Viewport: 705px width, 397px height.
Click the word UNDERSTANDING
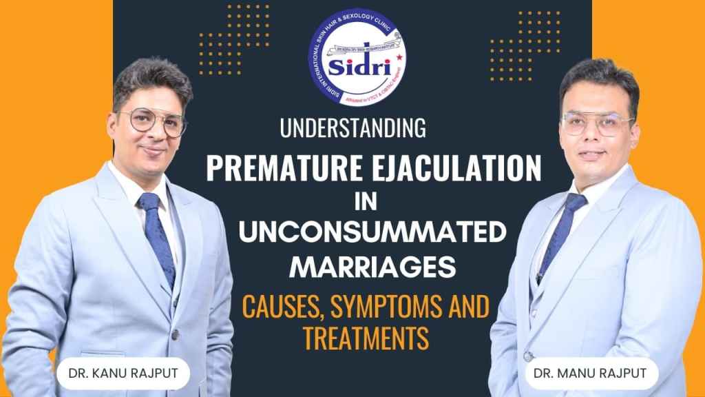[352, 128]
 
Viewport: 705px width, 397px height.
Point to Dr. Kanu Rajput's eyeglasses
[152, 123]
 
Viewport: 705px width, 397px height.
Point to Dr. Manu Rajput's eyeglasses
[598, 125]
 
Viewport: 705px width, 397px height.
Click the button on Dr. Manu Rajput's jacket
[529, 357]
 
